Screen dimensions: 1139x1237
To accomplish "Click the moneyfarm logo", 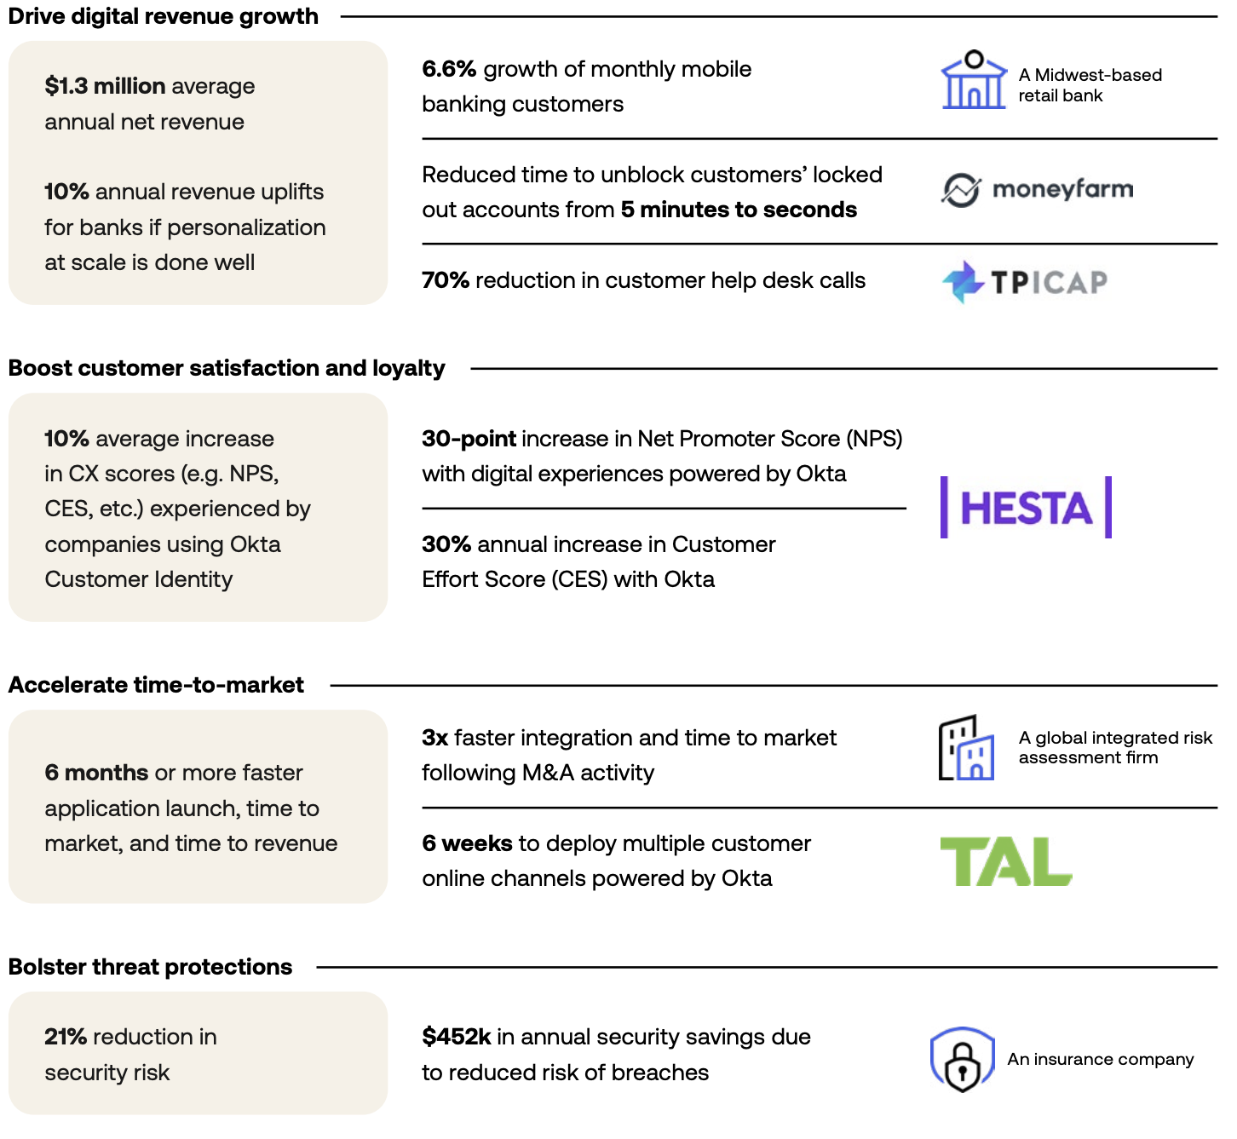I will point(1037,189).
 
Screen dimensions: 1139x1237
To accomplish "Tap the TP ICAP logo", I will point(1025,282).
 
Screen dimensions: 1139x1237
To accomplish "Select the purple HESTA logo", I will point(1026,508).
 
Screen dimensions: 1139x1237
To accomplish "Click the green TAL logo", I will point(1005,861).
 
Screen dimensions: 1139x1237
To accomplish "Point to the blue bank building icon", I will point(973,80).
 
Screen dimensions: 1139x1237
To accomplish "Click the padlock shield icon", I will point(962,1060).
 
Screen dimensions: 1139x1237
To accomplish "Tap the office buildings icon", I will point(966,748).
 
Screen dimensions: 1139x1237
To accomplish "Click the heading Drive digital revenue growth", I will point(164,16).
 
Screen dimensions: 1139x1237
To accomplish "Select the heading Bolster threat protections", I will point(150,967).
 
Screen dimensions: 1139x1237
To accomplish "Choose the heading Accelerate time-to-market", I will point(156,685).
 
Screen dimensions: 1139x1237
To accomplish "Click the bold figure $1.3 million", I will point(105,86).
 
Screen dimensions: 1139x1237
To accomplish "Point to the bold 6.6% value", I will point(449,69).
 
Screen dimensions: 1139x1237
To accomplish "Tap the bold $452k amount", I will point(456,1037).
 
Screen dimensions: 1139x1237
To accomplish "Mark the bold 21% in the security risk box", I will point(66,1037).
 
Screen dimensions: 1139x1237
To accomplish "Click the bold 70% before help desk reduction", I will point(446,280).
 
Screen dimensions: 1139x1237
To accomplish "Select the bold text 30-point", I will point(469,439).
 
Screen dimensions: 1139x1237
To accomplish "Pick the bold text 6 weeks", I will point(467,843).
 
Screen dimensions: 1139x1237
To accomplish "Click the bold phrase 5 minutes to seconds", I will point(739,210).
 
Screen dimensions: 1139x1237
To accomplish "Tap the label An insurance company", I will point(1100,1059).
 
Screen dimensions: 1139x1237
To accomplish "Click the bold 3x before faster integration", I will point(434,738).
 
